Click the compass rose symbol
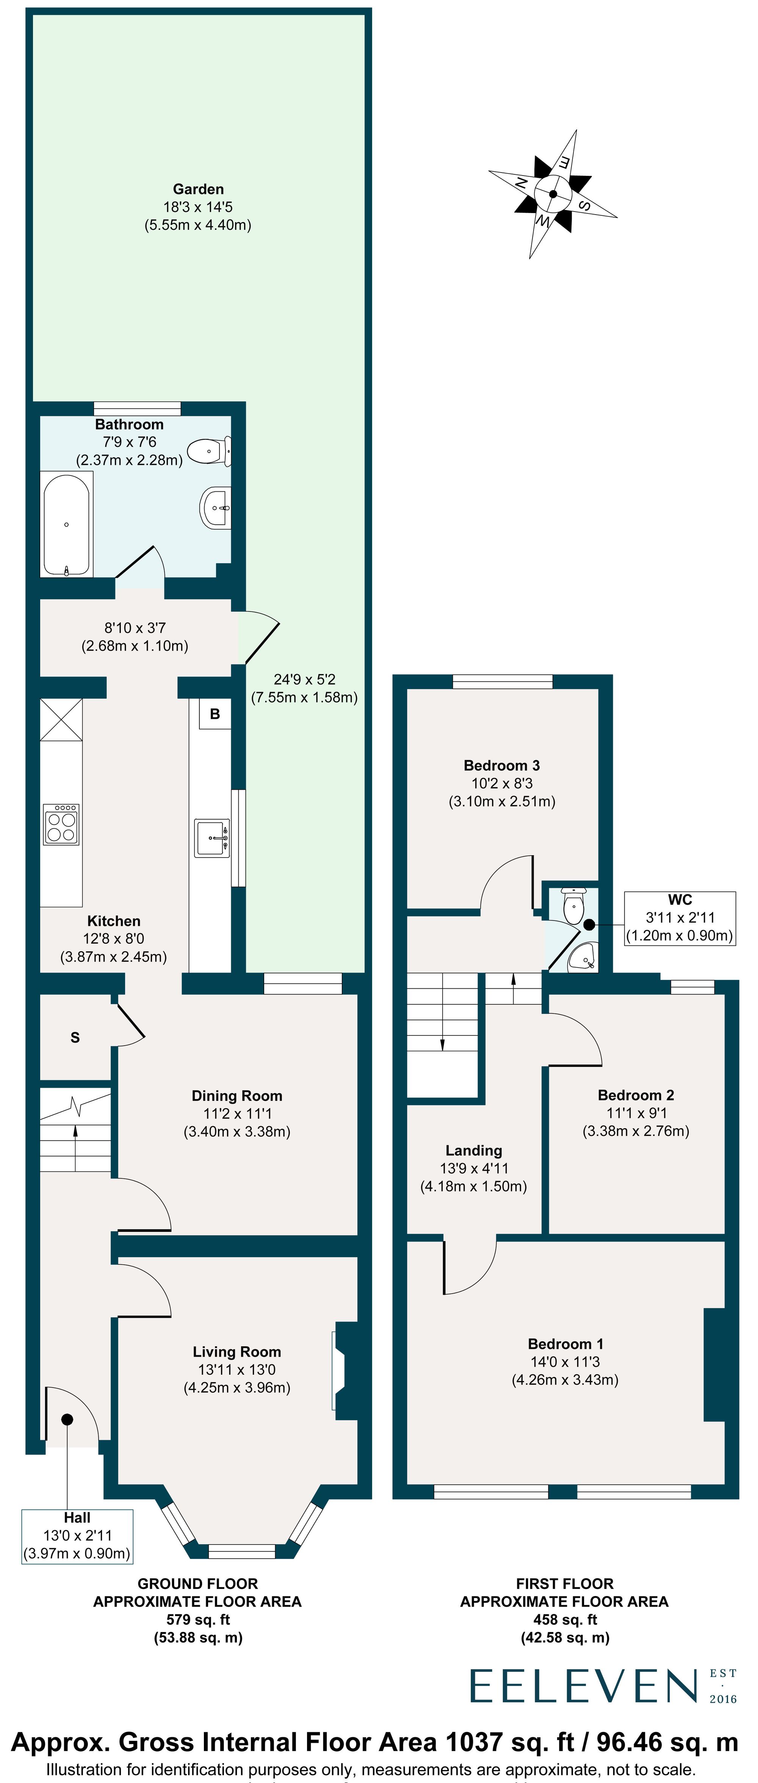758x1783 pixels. point(553,194)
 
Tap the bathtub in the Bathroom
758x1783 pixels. point(66,524)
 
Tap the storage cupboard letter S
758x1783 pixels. point(75,1037)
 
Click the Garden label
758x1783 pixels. point(198,189)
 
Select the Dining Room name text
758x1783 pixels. point(237,1096)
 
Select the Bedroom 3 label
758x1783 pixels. point(501,765)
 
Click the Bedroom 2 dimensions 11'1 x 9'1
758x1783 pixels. point(636,1113)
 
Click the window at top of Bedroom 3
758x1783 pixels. point(503,682)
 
